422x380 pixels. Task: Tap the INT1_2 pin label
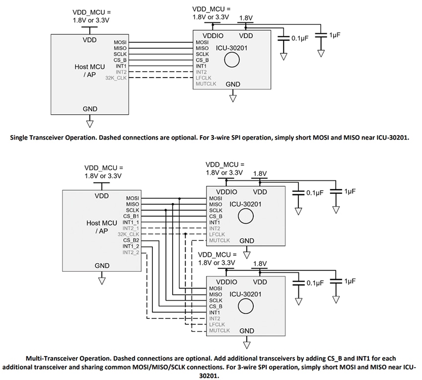131,246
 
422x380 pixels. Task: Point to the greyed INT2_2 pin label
131,252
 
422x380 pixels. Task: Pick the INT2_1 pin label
131,228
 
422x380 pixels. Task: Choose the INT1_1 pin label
131,223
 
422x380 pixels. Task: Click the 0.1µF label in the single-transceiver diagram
300,38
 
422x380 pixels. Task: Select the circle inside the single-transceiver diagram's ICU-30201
231,60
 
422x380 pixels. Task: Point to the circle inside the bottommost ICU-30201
244,306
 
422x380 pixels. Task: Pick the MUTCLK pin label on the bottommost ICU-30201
219,330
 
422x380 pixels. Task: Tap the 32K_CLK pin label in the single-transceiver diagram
116,78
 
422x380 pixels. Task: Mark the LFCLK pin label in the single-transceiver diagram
203,78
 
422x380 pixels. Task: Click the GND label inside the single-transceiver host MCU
90,109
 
